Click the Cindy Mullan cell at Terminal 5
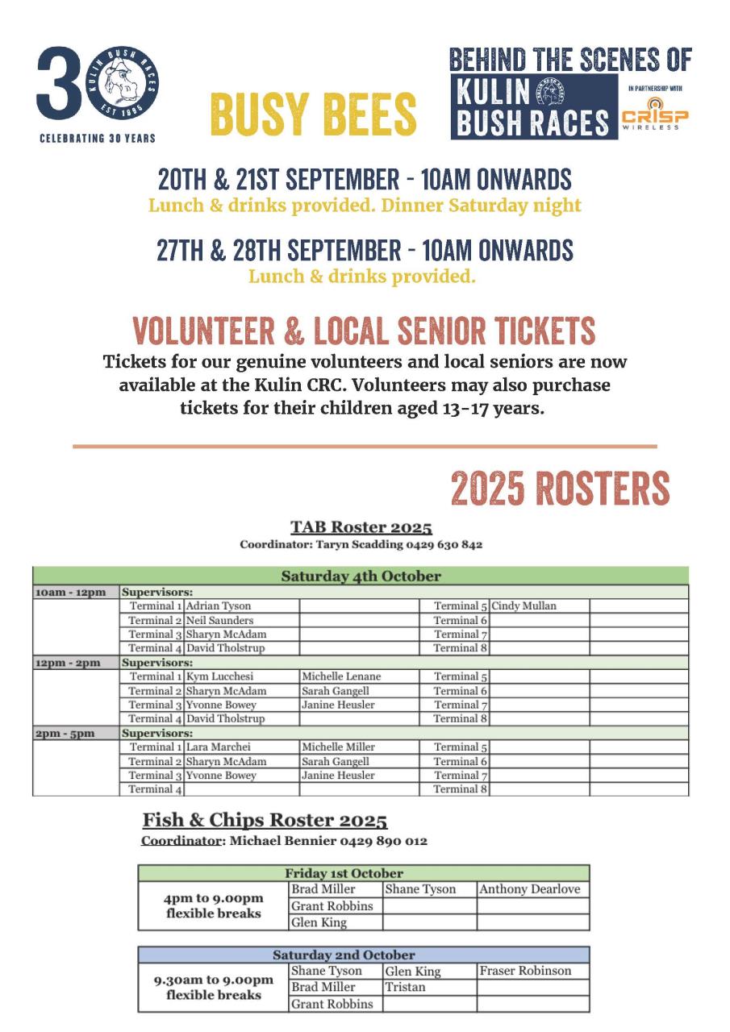pyautogui.click(x=524, y=606)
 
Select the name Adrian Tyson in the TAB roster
pyautogui.click(x=219, y=606)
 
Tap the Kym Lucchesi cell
pyautogui.click(x=219, y=676)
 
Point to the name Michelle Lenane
pyautogui.click(x=341, y=676)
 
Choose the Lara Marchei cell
pyautogui.click(x=219, y=747)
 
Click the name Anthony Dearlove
pyautogui.click(x=529, y=889)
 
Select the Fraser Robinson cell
pyautogui.click(x=525, y=971)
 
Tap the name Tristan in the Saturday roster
pyautogui.click(x=405, y=987)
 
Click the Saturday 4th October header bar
pyautogui.click(x=361, y=576)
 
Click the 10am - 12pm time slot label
pyautogui.click(x=71, y=593)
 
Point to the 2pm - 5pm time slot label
pyautogui.click(x=65, y=733)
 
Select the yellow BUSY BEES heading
pyautogui.click(x=313, y=114)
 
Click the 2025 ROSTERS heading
pyautogui.click(x=560, y=489)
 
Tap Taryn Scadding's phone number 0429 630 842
pyautogui.click(x=443, y=544)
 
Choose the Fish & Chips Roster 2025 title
pyautogui.click(x=265, y=821)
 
